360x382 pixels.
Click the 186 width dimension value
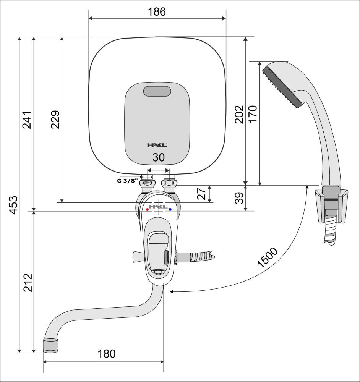click(157, 12)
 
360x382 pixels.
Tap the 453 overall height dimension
click(14, 205)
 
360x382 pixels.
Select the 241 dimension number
click(27, 120)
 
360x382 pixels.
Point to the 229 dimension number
click(55, 119)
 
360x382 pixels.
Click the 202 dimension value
click(239, 114)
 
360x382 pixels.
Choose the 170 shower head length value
click(253, 114)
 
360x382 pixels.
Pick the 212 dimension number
click(28, 282)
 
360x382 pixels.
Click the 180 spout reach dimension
click(107, 354)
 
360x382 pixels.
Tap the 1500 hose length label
click(268, 257)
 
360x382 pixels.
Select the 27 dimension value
click(201, 194)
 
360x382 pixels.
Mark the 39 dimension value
click(240, 198)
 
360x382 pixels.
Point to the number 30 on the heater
click(159, 158)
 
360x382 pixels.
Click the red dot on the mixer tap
click(147, 209)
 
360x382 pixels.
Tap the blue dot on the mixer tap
click(170, 209)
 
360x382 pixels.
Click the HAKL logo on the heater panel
click(157, 145)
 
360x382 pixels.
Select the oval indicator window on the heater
click(157, 91)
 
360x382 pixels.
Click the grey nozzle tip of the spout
click(51, 345)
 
